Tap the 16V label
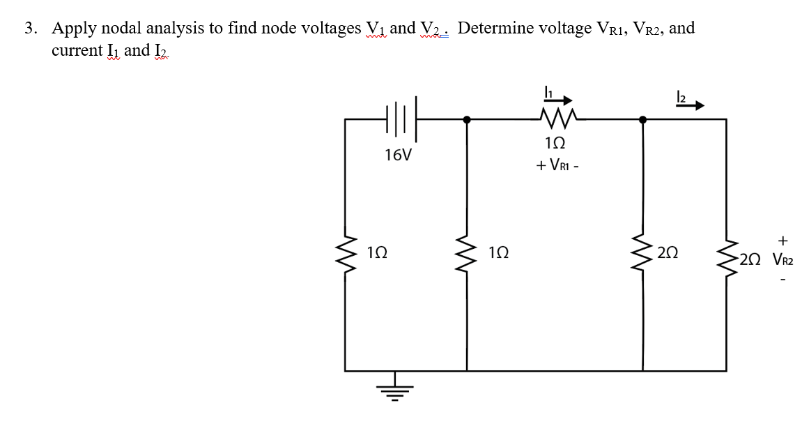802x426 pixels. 397,155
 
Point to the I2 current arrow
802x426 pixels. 689,106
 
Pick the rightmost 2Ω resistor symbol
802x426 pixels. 727,260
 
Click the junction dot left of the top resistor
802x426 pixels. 467,120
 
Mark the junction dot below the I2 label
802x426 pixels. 642,120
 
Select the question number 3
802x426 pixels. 30,29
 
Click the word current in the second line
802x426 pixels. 76,51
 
